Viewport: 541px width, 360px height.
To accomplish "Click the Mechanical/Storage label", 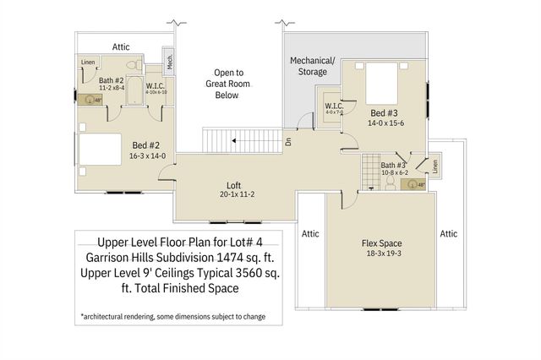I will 312,67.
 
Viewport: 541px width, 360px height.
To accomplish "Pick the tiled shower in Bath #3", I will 370,170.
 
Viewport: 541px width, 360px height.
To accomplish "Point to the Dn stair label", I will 288,142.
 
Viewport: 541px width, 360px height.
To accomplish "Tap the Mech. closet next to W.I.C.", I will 170,61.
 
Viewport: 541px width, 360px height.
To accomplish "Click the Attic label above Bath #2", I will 121,48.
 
